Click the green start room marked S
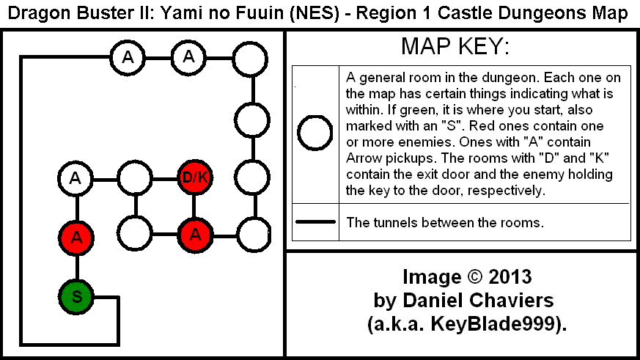[x=76, y=297]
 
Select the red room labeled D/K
[x=195, y=177]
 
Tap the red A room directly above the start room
[x=76, y=237]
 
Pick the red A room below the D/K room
[x=195, y=235]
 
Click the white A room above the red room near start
[x=76, y=178]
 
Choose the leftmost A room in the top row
[x=128, y=57]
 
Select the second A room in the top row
[x=188, y=57]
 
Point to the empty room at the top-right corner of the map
[x=250, y=59]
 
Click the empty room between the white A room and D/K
[x=135, y=178]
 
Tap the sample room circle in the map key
[x=315, y=133]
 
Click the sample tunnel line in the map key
[x=315, y=221]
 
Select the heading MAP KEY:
[x=455, y=45]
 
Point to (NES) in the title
[x=315, y=13]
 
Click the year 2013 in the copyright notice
[x=510, y=276]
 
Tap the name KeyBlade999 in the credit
[x=494, y=324]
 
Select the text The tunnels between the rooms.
[x=445, y=222]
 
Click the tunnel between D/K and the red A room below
[x=194, y=207]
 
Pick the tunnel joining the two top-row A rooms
[x=158, y=58]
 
